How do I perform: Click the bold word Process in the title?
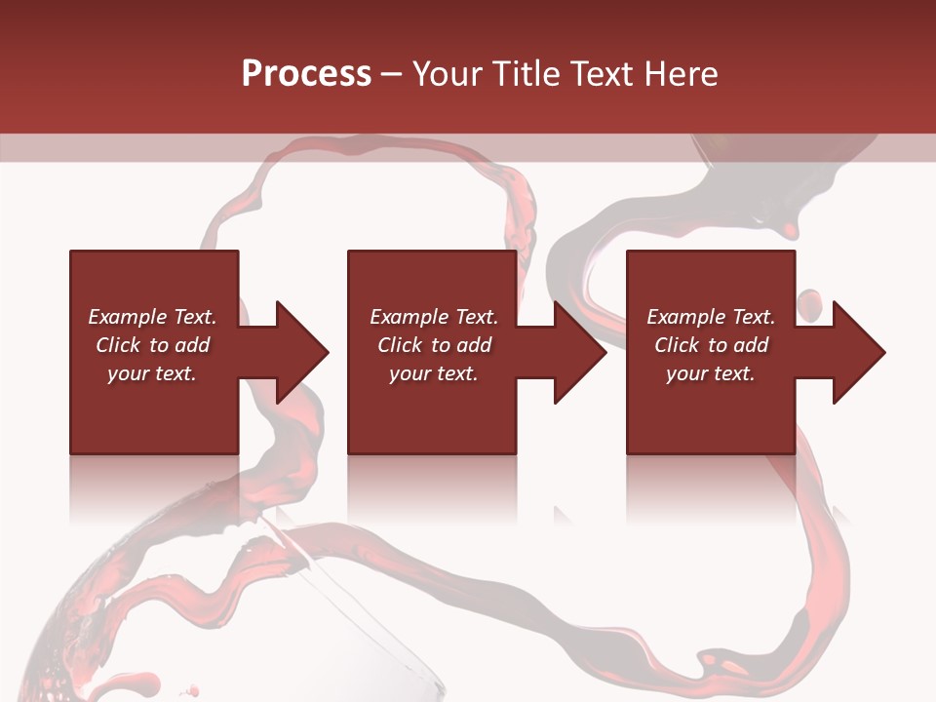(x=306, y=74)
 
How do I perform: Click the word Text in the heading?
(x=607, y=74)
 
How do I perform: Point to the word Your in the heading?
(x=447, y=74)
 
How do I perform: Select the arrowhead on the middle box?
(x=578, y=352)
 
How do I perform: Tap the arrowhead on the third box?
(x=857, y=352)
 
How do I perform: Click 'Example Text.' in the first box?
(x=152, y=317)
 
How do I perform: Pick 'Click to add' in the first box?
(x=152, y=345)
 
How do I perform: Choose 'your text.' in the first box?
(x=152, y=373)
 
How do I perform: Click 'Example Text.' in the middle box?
(x=433, y=317)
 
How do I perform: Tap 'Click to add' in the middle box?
(x=433, y=345)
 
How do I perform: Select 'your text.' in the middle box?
(x=433, y=373)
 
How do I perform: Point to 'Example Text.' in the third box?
(x=711, y=317)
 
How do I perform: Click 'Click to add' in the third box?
(x=711, y=345)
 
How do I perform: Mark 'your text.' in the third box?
(x=711, y=373)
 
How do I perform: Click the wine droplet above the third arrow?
(x=809, y=303)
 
